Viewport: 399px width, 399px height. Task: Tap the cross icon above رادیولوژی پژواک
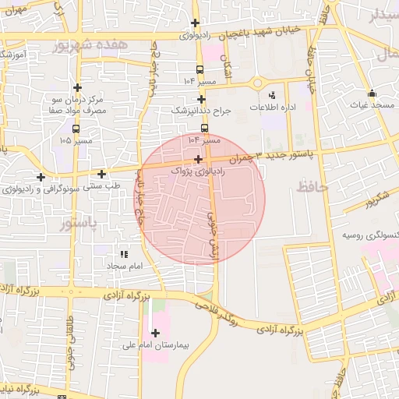click(199, 159)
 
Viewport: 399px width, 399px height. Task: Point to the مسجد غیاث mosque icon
click(372, 93)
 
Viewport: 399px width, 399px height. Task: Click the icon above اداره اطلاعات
click(272, 94)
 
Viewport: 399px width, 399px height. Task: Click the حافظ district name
click(312, 187)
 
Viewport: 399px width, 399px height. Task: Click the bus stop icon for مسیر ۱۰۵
click(76, 129)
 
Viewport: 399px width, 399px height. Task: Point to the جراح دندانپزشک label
click(202, 111)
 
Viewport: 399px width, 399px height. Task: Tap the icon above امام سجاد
click(123, 254)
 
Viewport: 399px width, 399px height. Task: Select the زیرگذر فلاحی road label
click(231, 320)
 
